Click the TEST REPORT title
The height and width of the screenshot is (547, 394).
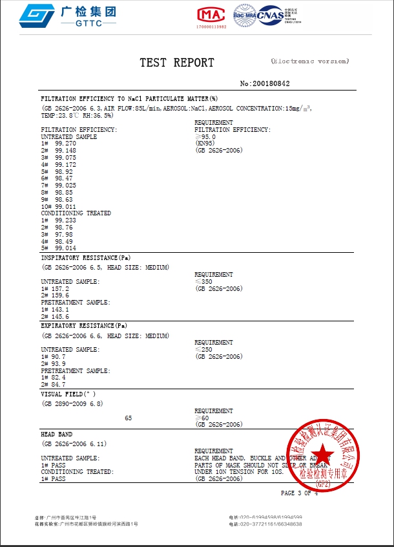[x=176, y=63]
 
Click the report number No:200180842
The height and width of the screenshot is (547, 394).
[x=265, y=84]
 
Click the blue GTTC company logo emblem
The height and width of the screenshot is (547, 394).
[x=37, y=16]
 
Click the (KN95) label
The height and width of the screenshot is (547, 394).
[x=205, y=144]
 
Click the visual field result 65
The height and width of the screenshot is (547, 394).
[x=128, y=418]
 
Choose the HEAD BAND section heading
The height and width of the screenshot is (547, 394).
[x=57, y=434]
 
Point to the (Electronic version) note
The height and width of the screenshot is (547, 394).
[x=310, y=61]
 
